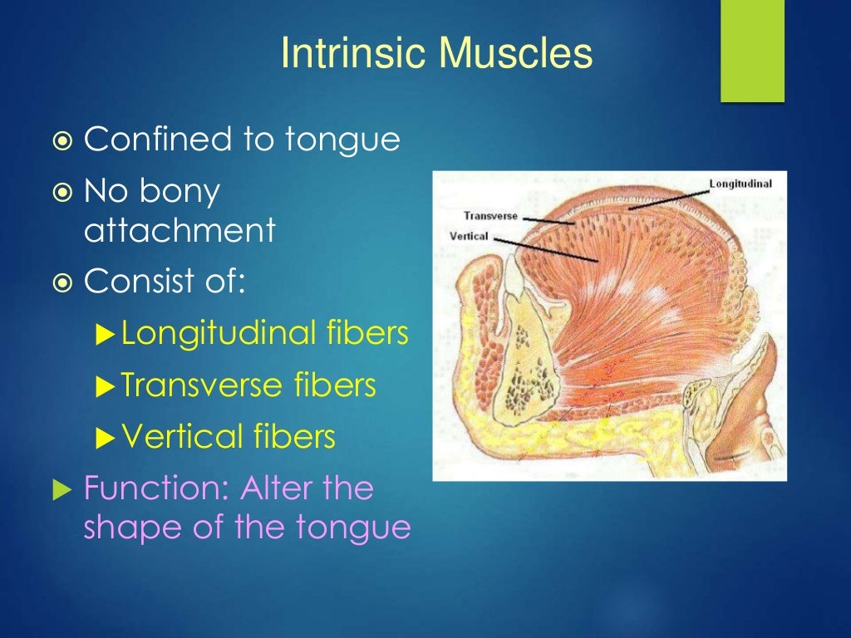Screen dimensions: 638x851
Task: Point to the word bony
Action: (x=179, y=193)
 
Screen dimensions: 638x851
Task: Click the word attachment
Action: (x=179, y=231)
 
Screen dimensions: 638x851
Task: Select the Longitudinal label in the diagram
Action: (x=740, y=183)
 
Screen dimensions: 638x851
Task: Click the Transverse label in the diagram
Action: (x=490, y=216)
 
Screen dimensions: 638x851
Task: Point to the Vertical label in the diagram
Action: (x=469, y=236)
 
